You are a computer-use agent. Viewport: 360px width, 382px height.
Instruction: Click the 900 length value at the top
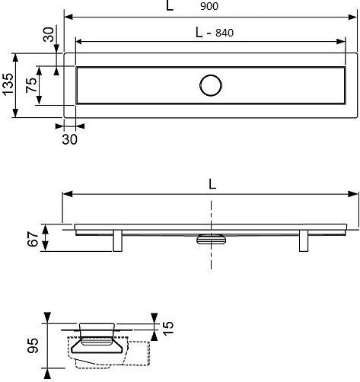[209, 6]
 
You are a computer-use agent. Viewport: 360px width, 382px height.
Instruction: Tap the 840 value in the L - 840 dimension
[225, 33]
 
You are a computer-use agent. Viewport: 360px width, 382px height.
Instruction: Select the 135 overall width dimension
[8, 84]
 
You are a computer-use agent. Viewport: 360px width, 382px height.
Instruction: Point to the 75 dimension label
[31, 85]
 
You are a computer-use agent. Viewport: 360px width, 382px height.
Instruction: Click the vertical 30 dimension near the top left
[49, 34]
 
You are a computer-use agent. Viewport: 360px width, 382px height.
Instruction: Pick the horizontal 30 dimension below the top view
[69, 139]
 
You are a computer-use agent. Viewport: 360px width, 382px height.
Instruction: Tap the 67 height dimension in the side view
[33, 239]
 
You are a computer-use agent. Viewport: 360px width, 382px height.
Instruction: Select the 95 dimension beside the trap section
[33, 345]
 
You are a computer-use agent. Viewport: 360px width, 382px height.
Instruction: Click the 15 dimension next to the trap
[168, 328]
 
